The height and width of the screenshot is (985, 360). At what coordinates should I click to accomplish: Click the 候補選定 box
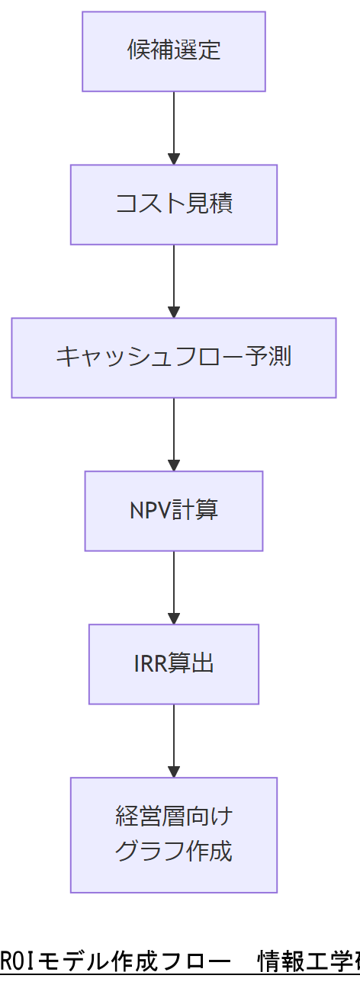(174, 51)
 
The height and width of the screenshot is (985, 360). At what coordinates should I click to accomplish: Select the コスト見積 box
(174, 204)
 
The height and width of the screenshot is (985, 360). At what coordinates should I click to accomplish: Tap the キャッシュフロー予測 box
(174, 358)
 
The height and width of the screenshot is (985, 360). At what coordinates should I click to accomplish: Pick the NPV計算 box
(174, 511)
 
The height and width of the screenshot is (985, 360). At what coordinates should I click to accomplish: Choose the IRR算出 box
(174, 664)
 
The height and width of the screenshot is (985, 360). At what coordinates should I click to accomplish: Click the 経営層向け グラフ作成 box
(174, 835)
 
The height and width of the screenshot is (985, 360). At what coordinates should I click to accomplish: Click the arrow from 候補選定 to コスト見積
(174, 126)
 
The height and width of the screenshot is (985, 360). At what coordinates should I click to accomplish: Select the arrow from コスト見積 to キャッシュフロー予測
(174, 279)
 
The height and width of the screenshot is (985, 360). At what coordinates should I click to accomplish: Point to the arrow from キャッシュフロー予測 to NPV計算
(174, 432)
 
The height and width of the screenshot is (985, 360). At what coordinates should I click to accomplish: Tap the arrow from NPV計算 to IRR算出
(174, 586)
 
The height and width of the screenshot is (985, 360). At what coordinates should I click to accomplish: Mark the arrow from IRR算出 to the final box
(174, 739)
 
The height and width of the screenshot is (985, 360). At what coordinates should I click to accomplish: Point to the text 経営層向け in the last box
(174, 817)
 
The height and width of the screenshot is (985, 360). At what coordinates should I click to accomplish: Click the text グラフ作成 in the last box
(174, 852)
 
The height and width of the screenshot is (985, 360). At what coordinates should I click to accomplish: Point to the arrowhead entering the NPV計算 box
(174, 465)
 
